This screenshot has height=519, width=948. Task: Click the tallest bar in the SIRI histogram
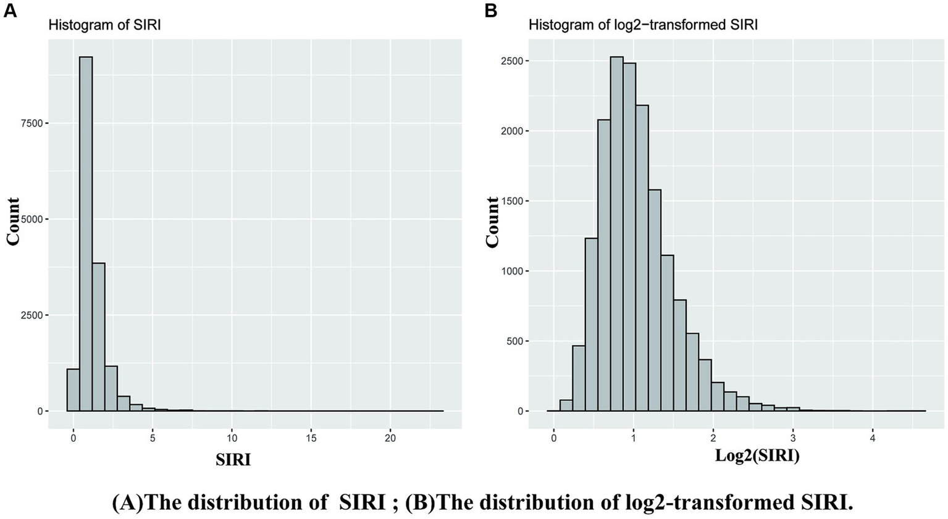point(86,234)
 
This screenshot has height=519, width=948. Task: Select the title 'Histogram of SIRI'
point(105,25)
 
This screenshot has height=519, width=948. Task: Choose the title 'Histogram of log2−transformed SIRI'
point(643,25)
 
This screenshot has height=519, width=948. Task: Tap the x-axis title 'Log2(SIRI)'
point(757,456)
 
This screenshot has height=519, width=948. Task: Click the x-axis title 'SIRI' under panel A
point(233,460)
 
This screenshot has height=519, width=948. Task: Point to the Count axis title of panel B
point(492,223)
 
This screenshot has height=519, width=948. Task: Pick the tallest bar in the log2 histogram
point(616,234)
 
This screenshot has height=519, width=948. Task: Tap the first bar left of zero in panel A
point(73,390)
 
